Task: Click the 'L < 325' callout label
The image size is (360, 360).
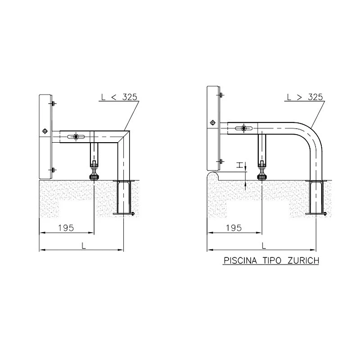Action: (119, 97)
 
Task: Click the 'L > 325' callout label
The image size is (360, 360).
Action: (305, 97)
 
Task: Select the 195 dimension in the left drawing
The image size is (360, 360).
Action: (66, 228)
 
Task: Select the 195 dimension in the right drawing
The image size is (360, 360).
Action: (234, 228)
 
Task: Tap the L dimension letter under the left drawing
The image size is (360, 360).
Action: (84, 246)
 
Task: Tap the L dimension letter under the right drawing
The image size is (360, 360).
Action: (264, 246)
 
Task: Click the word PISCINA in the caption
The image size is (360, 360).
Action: (240, 261)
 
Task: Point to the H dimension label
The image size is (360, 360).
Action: (240, 165)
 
